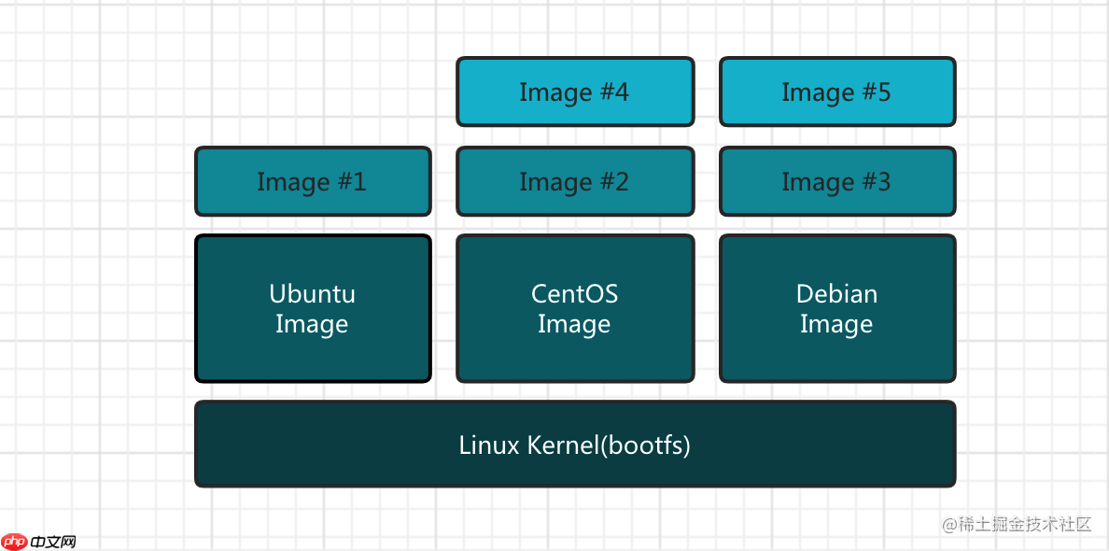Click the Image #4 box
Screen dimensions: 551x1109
575,92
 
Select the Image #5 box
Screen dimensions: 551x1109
837,92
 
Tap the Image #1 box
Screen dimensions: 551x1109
313,181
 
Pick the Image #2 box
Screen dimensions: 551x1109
575,181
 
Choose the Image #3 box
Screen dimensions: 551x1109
837,181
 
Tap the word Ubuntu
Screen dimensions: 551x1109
313,293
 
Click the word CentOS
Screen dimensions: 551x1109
575,293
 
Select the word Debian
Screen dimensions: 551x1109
837,293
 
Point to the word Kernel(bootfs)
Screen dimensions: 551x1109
610,445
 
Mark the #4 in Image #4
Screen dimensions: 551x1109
613,92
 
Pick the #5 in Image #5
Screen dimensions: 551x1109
876,92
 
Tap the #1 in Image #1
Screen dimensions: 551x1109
351,182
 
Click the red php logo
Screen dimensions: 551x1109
15,541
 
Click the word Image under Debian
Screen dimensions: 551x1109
837,324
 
